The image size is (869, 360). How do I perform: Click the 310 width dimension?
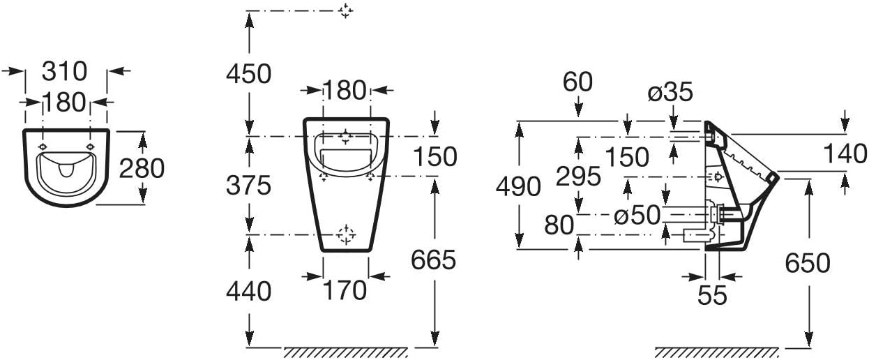(x=64, y=71)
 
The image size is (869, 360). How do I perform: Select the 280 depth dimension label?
(x=142, y=169)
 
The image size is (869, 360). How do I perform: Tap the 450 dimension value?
(x=249, y=74)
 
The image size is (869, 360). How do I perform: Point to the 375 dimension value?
(x=249, y=186)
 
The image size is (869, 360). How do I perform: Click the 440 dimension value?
(x=249, y=292)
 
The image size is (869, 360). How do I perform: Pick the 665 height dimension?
(x=433, y=260)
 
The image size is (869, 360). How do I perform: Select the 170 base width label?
(x=345, y=290)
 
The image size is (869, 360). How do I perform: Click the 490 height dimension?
(x=518, y=186)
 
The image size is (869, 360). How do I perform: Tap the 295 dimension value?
(x=578, y=176)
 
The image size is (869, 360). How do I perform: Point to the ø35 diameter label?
(x=670, y=92)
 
